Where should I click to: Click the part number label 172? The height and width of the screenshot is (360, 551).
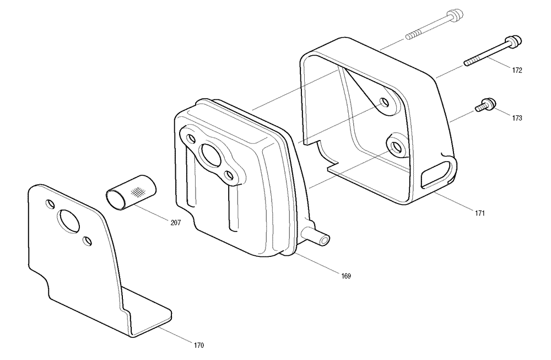click(517, 71)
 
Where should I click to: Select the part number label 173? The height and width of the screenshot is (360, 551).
click(517, 118)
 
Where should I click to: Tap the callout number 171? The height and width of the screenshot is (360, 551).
click(480, 213)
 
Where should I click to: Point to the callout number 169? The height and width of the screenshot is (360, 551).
click(346, 276)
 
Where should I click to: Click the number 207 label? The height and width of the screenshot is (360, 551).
click(176, 223)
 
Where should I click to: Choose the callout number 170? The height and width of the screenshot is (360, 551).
click(199, 345)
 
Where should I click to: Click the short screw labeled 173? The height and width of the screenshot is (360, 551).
click(485, 105)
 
